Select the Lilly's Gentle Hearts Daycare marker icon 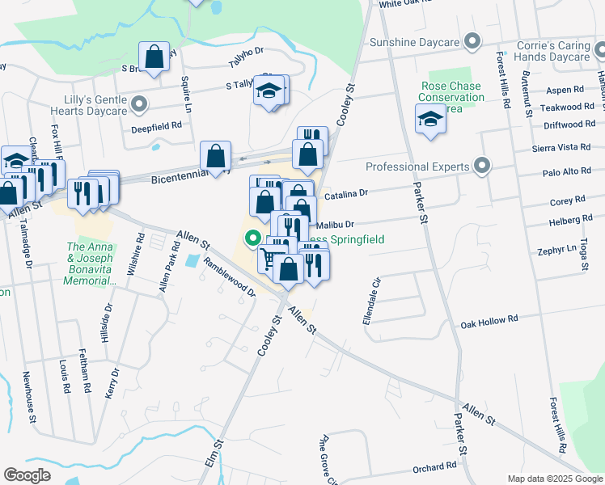[140, 103]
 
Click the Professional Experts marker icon [482, 167]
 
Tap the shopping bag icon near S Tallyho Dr [154, 57]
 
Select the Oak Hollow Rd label [489, 321]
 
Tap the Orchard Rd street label [434, 467]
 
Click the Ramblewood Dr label [230, 277]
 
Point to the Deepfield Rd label [157, 126]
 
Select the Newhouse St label [29, 397]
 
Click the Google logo [27, 475]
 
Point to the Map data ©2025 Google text [554, 479]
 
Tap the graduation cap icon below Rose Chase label [430, 120]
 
